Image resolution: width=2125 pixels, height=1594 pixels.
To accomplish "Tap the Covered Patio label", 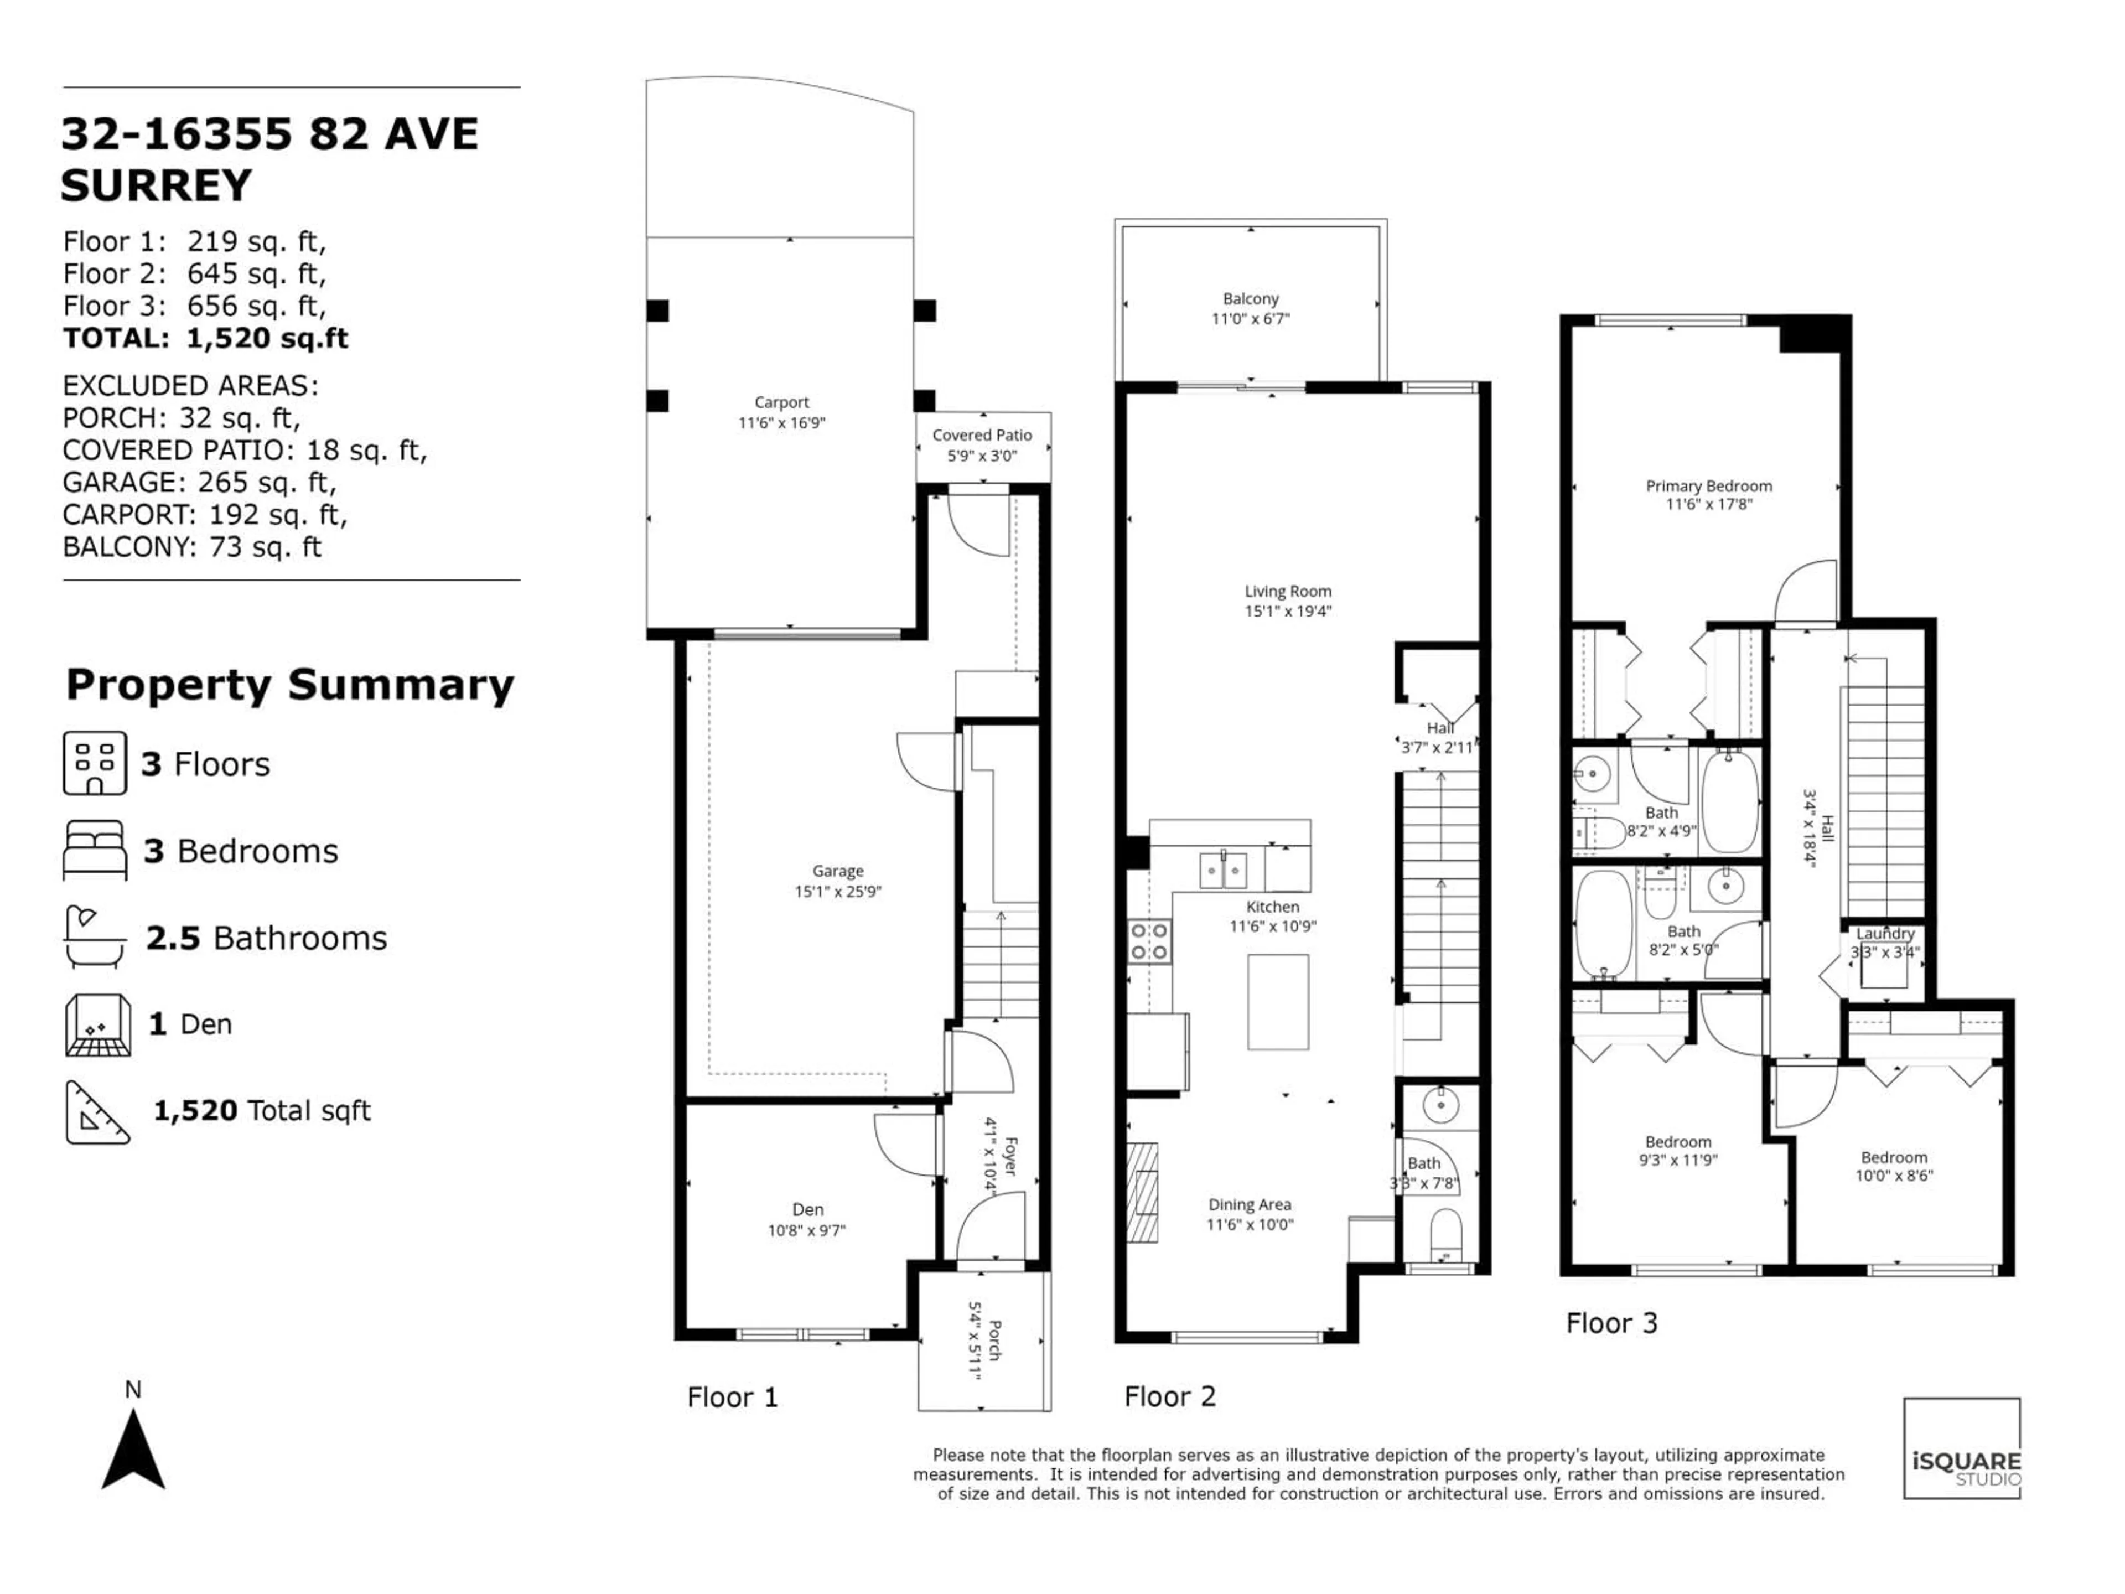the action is (982, 434).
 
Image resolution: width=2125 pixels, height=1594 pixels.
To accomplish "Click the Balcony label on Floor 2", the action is (1251, 299).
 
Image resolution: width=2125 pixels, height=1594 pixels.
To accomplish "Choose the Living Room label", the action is (1288, 591).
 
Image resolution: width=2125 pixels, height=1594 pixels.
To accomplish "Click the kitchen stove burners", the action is (1150, 941).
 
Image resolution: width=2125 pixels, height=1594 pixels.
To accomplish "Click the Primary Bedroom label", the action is (1709, 485).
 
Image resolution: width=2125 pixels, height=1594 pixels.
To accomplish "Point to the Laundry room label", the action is (1885, 933).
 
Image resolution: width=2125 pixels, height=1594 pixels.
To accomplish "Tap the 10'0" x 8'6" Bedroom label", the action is (1894, 1166).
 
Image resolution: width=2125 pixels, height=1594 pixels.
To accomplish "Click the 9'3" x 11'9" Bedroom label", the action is (1678, 1150).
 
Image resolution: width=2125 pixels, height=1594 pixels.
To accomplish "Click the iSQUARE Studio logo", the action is (1962, 1448).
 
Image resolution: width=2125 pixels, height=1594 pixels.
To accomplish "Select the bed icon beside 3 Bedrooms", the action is (94, 850).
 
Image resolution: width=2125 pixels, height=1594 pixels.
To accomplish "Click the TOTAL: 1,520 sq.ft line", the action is (206, 338).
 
